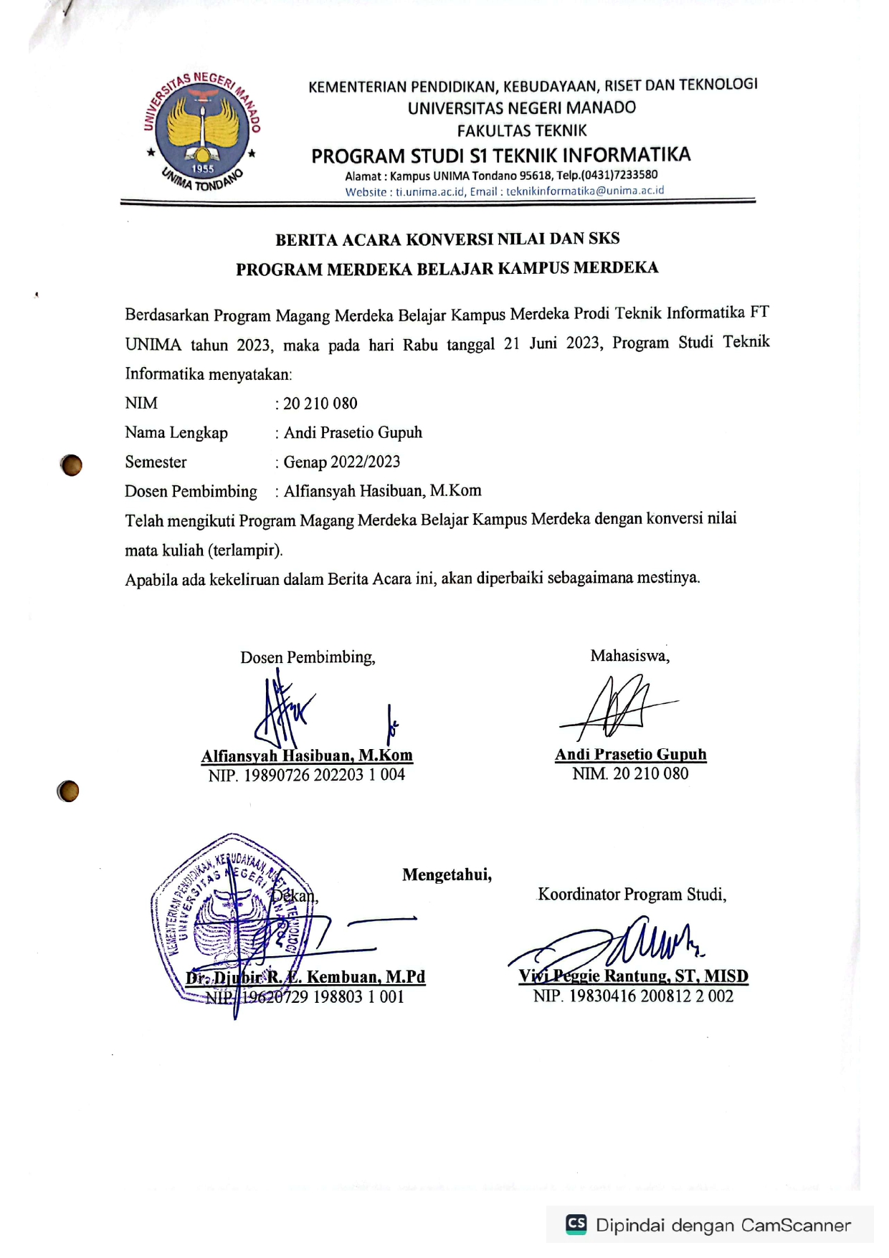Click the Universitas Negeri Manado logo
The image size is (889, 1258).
click(x=202, y=132)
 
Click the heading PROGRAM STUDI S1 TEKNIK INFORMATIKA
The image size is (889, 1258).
click(x=500, y=156)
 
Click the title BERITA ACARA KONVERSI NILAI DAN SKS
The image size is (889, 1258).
click(x=447, y=239)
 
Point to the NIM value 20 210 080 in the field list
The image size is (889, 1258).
click(x=320, y=404)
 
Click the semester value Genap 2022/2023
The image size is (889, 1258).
click(x=341, y=462)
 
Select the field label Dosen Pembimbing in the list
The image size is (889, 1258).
click(x=191, y=492)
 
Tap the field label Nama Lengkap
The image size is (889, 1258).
click(x=176, y=433)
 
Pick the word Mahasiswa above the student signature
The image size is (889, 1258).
click(x=629, y=656)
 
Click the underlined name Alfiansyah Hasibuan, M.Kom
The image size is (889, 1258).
click(x=307, y=756)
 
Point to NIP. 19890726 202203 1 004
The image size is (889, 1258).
click(x=307, y=775)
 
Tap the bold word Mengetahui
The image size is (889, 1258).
click(x=447, y=875)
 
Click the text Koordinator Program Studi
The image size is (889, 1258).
click(x=632, y=895)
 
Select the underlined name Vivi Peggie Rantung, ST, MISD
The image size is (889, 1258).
click(x=633, y=976)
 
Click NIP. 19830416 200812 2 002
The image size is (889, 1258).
click(x=633, y=996)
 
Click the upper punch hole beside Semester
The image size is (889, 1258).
click(x=72, y=465)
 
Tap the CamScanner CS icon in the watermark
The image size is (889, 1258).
click(x=576, y=1224)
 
